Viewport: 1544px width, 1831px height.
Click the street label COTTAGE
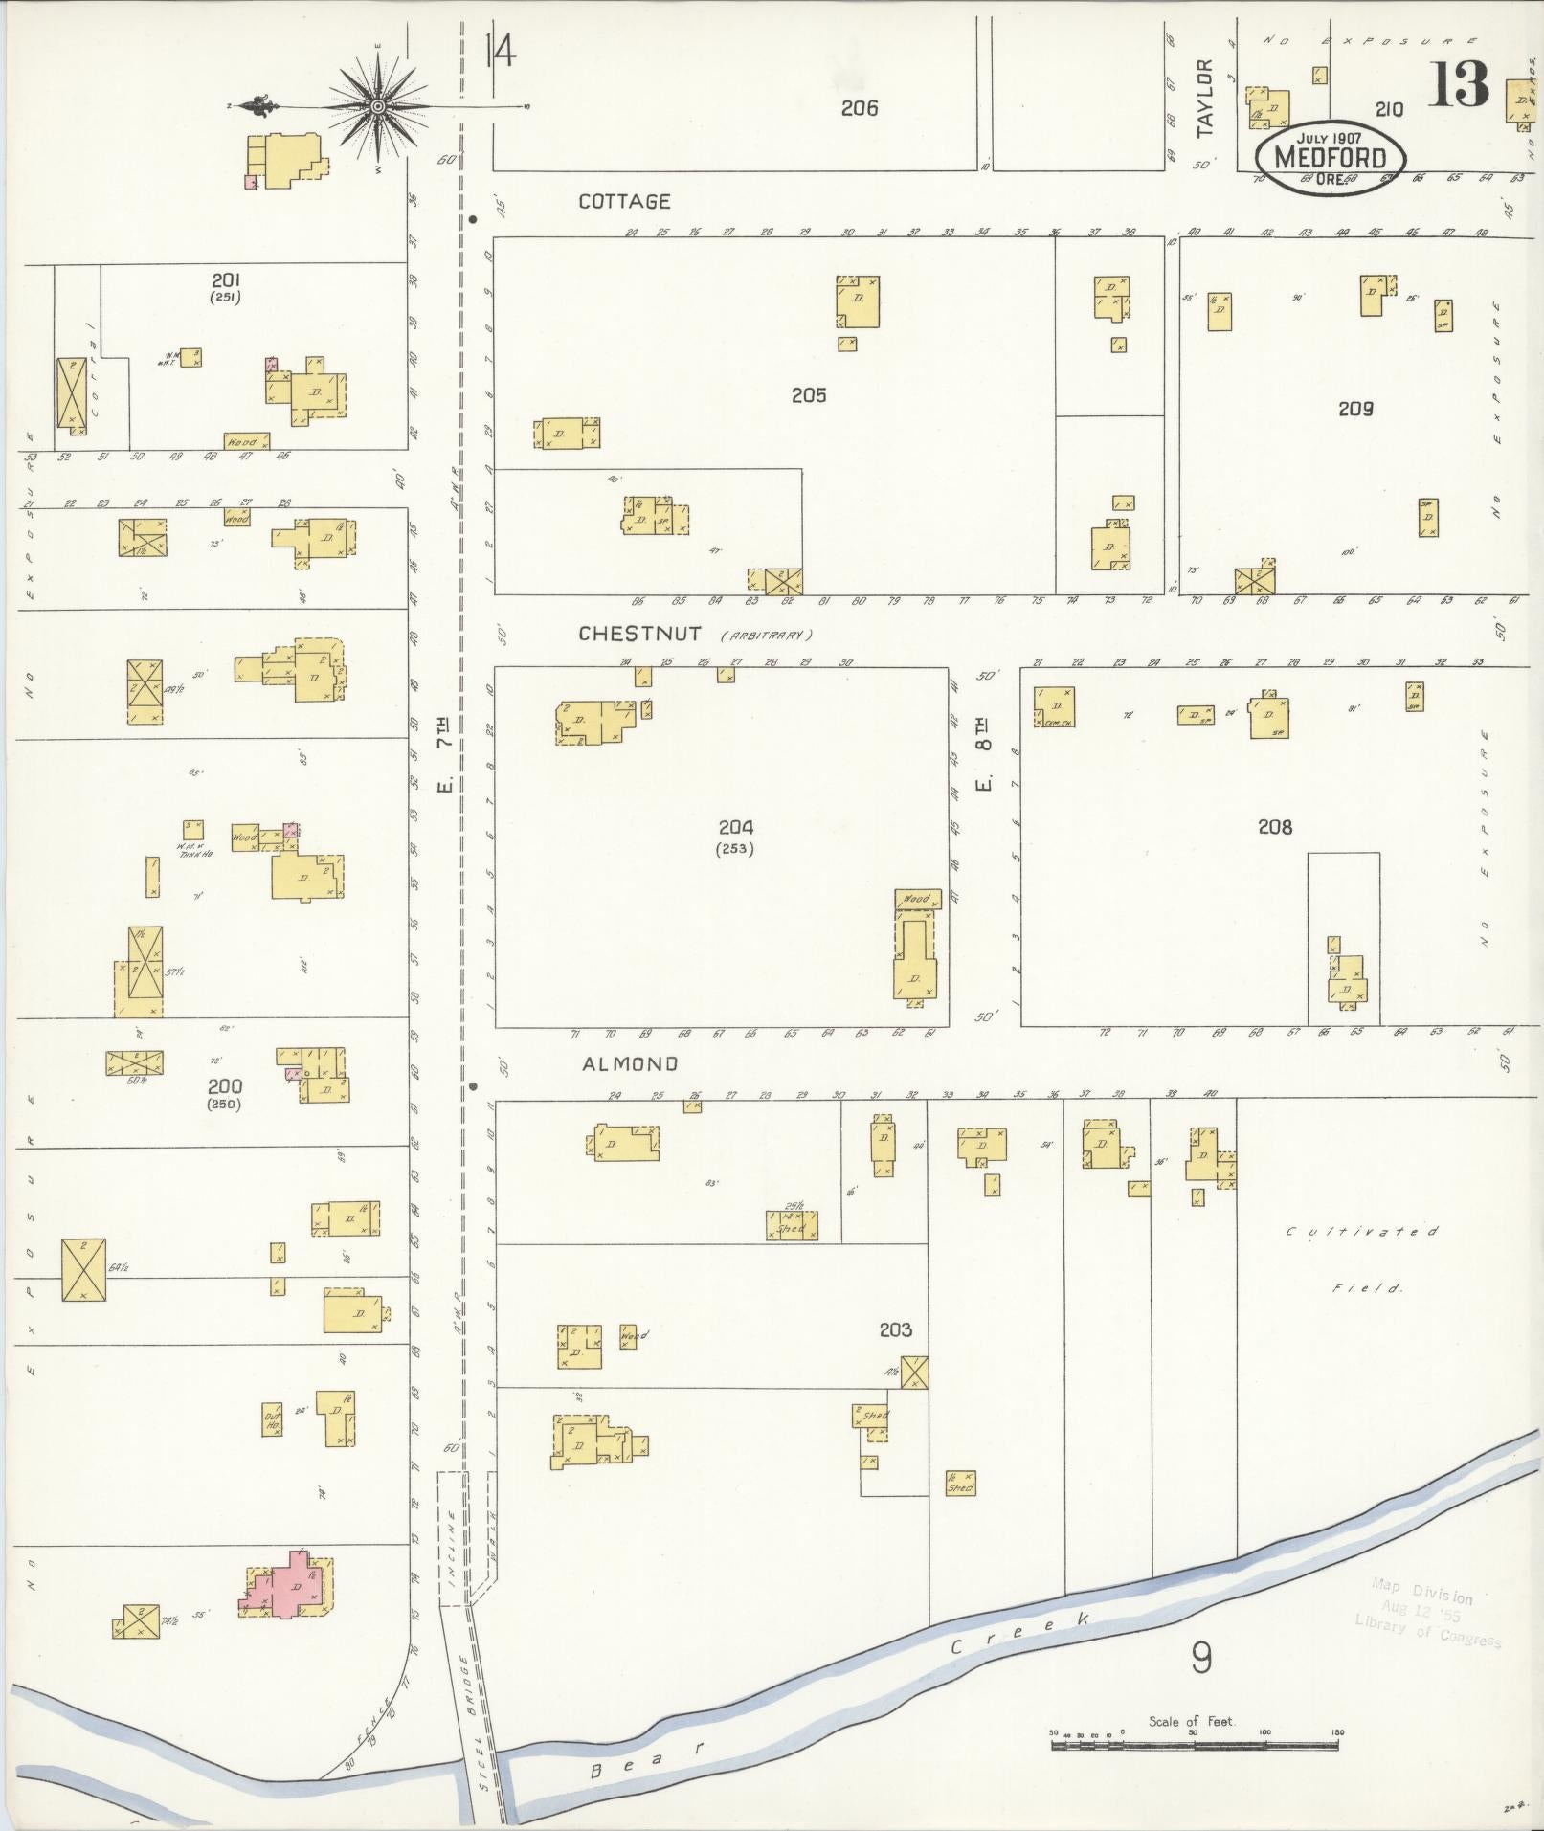point(624,201)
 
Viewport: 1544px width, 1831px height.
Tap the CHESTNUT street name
point(639,634)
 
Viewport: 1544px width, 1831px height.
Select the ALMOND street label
point(630,1063)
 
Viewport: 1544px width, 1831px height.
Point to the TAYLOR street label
point(1204,98)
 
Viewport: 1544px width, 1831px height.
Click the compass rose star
point(378,105)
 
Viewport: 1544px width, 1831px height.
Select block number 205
point(809,394)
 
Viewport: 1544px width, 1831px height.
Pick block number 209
point(1355,409)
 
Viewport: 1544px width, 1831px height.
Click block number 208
point(1275,826)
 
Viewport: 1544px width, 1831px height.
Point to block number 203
point(895,1329)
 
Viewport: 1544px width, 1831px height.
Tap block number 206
point(859,108)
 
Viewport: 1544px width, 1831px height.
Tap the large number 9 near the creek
point(1200,1658)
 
